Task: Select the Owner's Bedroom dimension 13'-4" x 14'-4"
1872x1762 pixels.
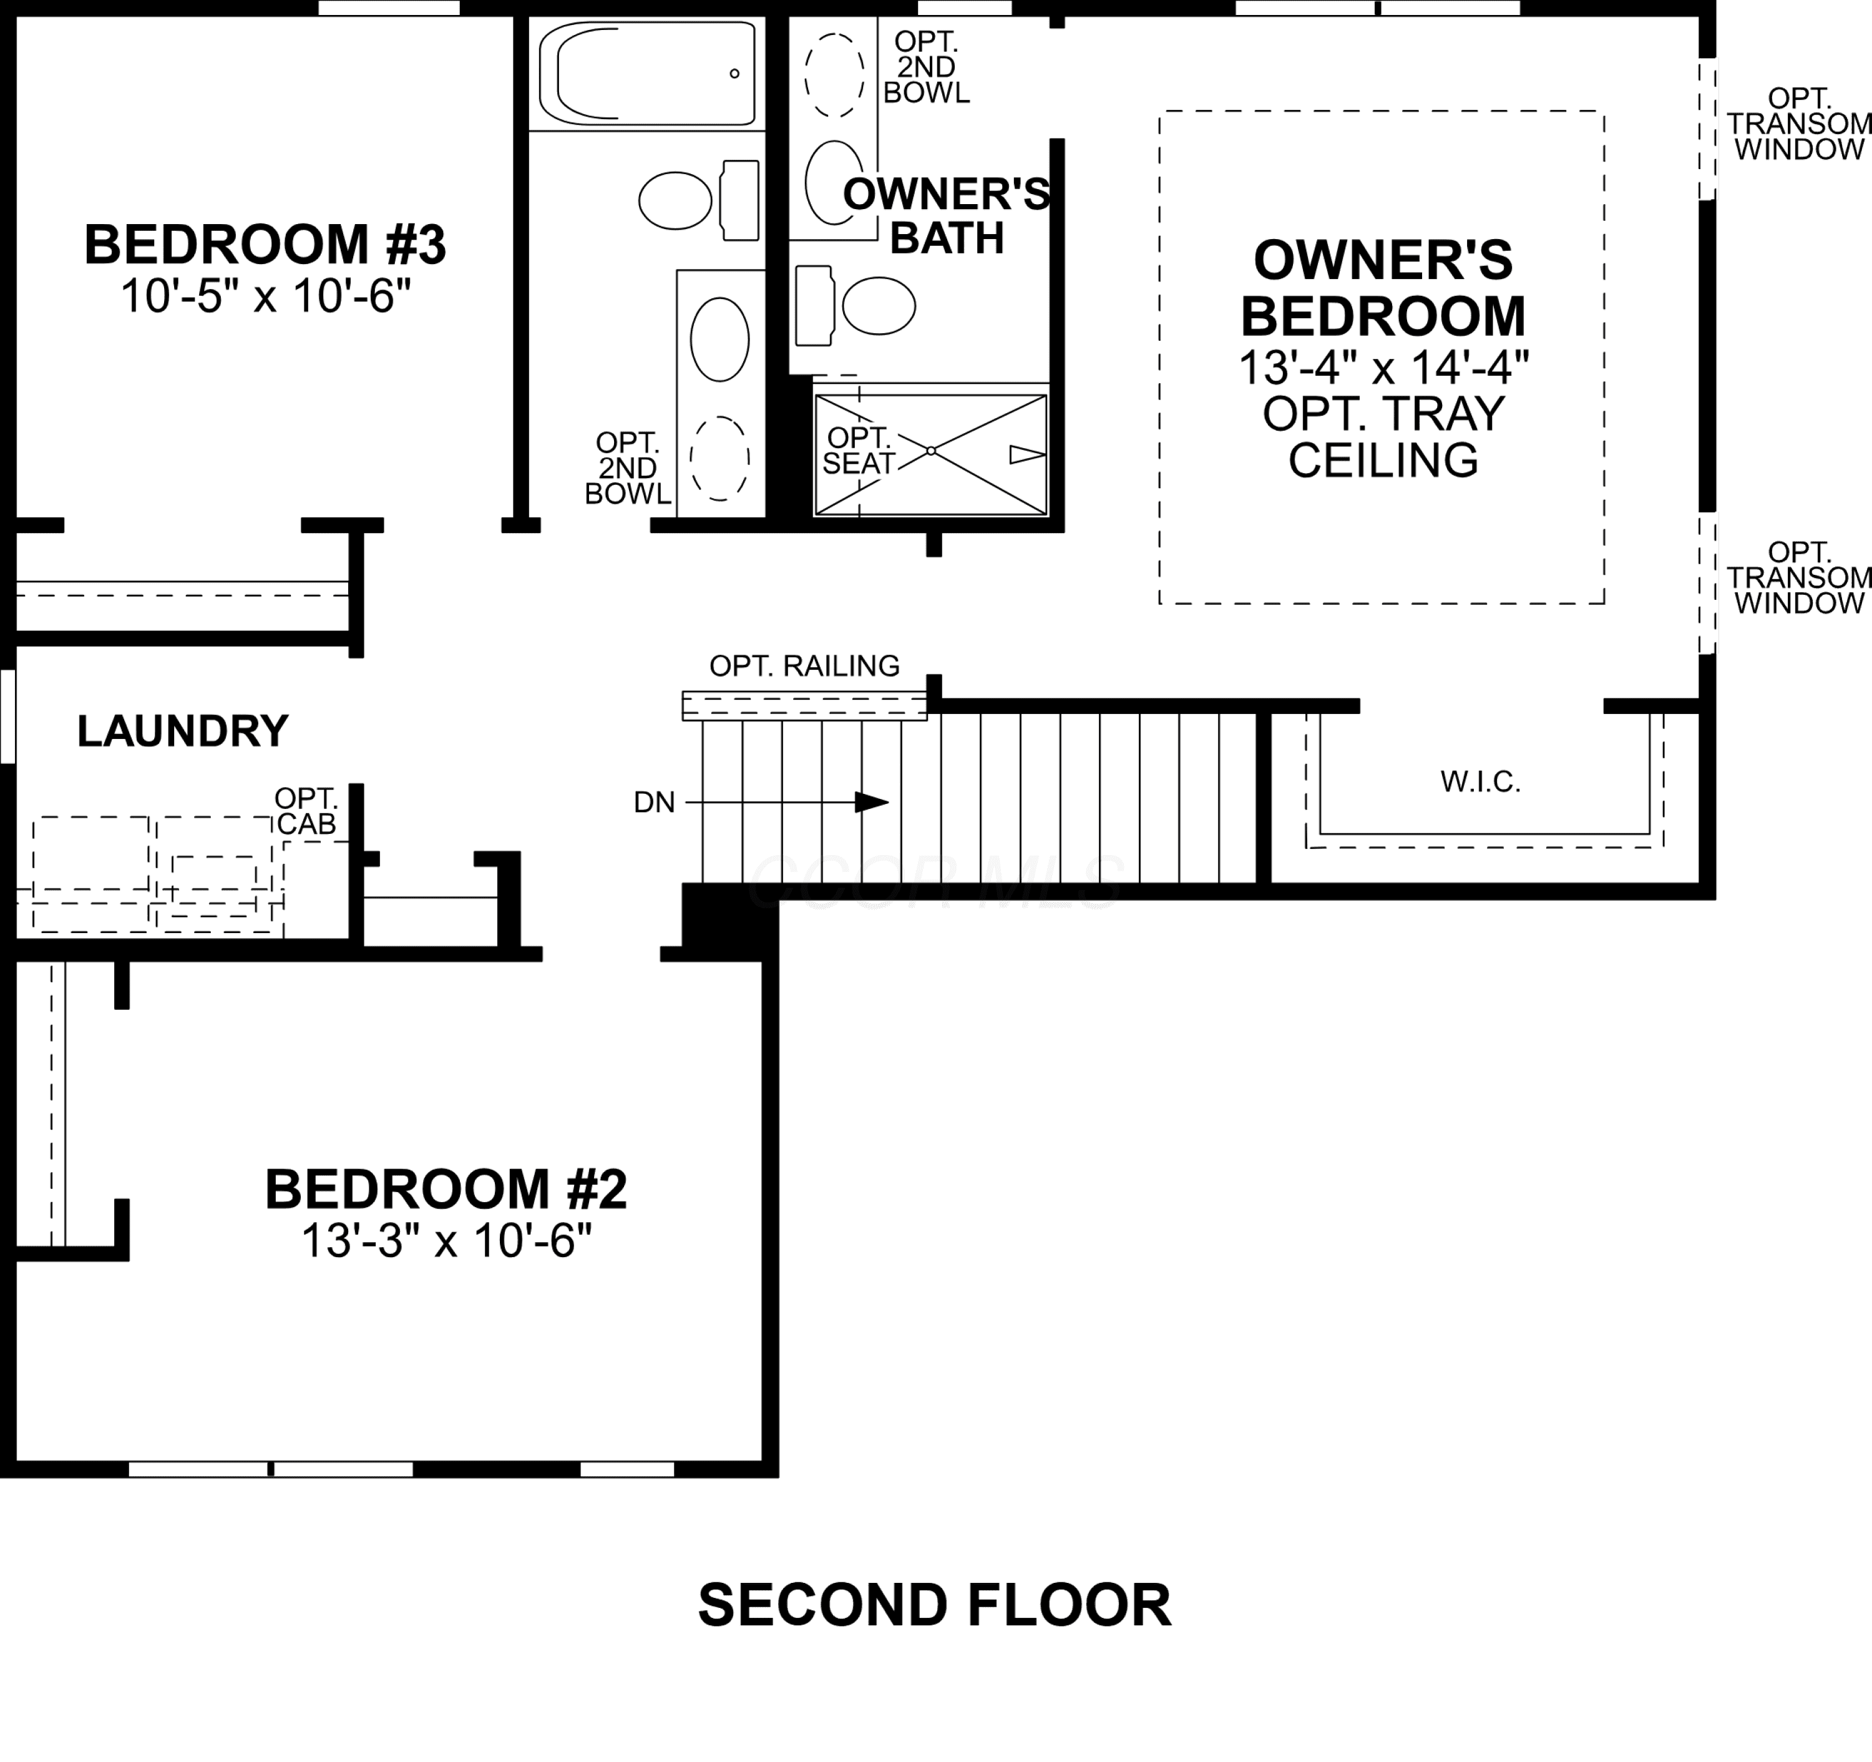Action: pyautogui.click(x=1383, y=367)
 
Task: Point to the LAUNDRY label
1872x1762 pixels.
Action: pyautogui.click(x=183, y=731)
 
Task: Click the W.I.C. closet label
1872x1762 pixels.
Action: pyautogui.click(x=1480, y=781)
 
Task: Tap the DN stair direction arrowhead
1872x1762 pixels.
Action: pyautogui.click(x=871, y=803)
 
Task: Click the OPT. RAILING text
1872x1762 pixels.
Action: pyautogui.click(x=804, y=666)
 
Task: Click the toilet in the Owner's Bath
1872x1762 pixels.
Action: pyautogui.click(x=855, y=306)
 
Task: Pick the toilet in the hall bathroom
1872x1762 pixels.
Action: pyautogui.click(x=699, y=200)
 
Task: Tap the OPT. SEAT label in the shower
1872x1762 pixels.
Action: pyautogui.click(x=858, y=450)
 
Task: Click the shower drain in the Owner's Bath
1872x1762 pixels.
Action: pyautogui.click(x=930, y=451)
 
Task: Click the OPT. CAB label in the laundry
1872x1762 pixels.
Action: pyautogui.click(x=306, y=811)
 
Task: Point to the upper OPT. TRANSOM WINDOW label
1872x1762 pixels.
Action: pyautogui.click(x=1798, y=124)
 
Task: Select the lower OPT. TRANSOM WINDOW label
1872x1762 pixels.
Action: pyautogui.click(x=1798, y=577)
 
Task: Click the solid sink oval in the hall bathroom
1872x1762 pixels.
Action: pyautogui.click(x=719, y=339)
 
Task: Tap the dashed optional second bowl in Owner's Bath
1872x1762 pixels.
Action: pyautogui.click(x=834, y=76)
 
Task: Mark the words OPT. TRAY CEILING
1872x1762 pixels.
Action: pyautogui.click(x=1383, y=437)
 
